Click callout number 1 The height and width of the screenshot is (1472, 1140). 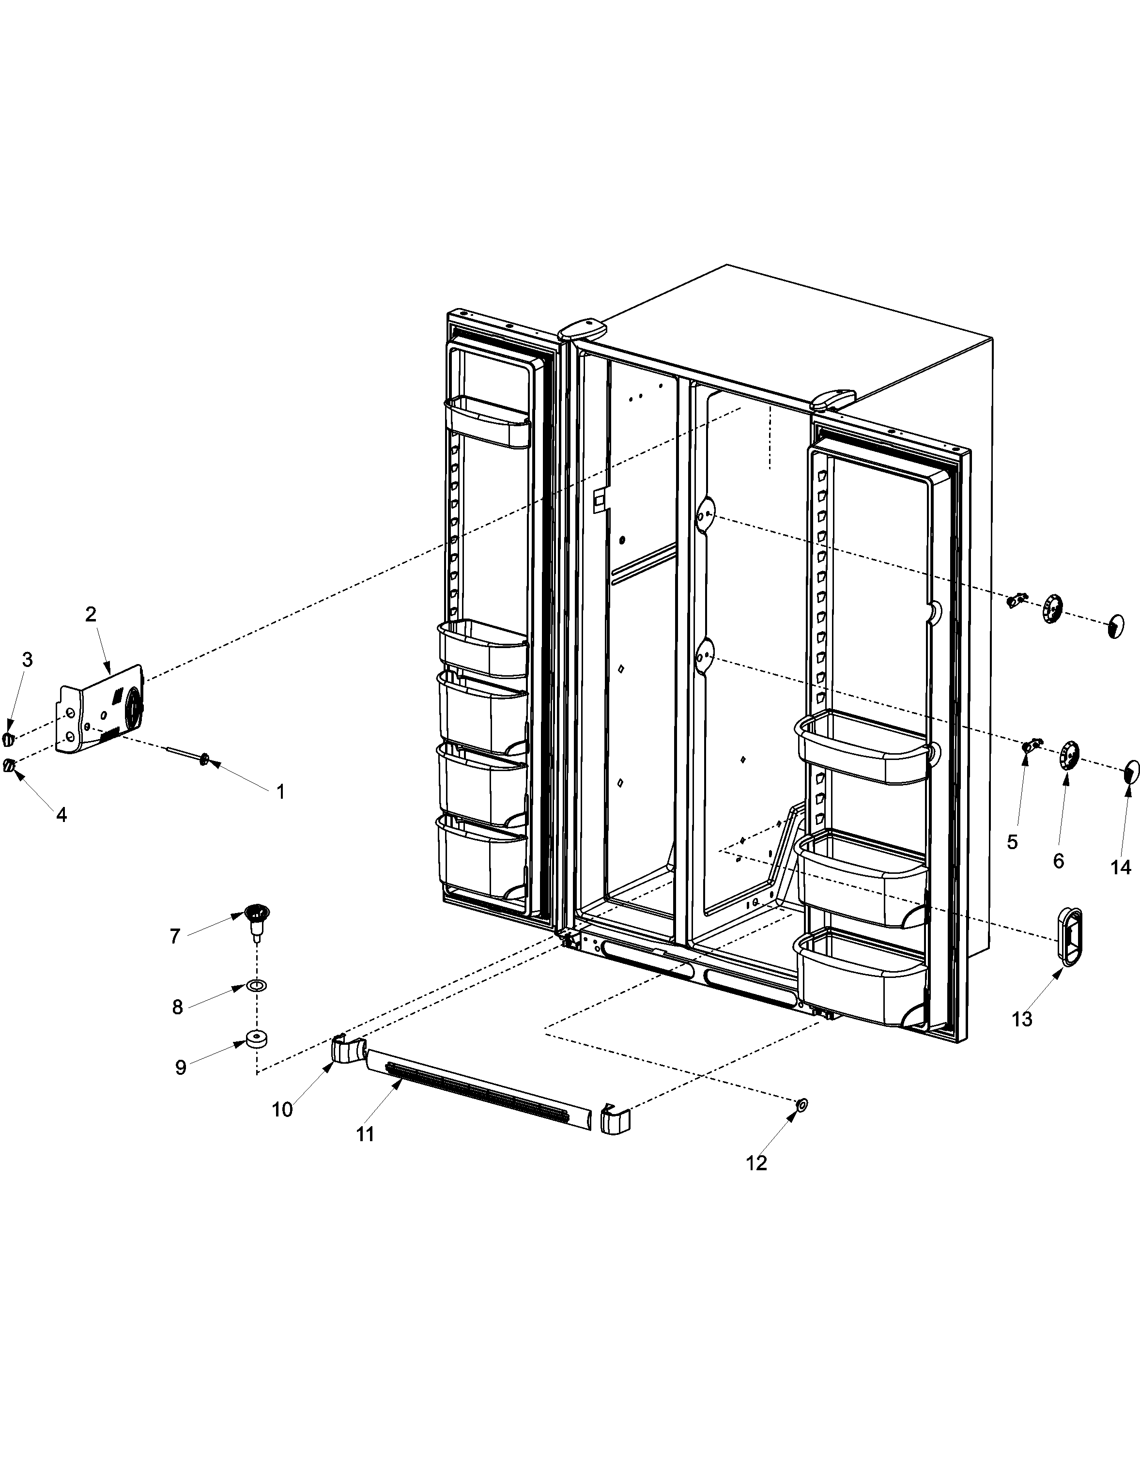(x=280, y=791)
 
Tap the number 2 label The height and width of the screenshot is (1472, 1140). (x=90, y=614)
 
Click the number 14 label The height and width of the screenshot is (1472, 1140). (x=1121, y=867)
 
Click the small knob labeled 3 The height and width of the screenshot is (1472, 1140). (x=8, y=739)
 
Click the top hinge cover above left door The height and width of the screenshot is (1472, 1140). (x=583, y=329)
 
